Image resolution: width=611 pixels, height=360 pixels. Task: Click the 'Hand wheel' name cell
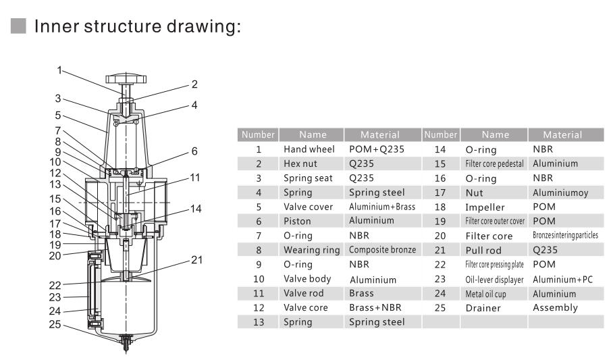tap(309, 149)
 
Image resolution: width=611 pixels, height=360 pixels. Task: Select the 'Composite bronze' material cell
tap(377, 250)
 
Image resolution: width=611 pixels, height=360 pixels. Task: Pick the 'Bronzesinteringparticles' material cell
tap(565, 236)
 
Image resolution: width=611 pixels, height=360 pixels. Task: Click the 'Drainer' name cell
tap(483, 308)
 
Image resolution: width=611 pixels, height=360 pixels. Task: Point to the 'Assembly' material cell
tap(555, 308)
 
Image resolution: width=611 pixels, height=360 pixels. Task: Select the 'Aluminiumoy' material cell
tap(560, 192)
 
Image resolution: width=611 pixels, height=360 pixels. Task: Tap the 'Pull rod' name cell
tap(484, 251)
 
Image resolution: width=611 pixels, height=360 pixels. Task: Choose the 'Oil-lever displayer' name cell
tap(494, 280)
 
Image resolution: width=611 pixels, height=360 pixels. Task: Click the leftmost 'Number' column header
tap(258, 134)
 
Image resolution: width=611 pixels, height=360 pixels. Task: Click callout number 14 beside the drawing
tap(195, 209)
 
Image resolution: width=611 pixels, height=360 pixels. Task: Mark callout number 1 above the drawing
tap(59, 70)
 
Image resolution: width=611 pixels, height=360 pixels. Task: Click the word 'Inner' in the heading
tap(55, 27)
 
